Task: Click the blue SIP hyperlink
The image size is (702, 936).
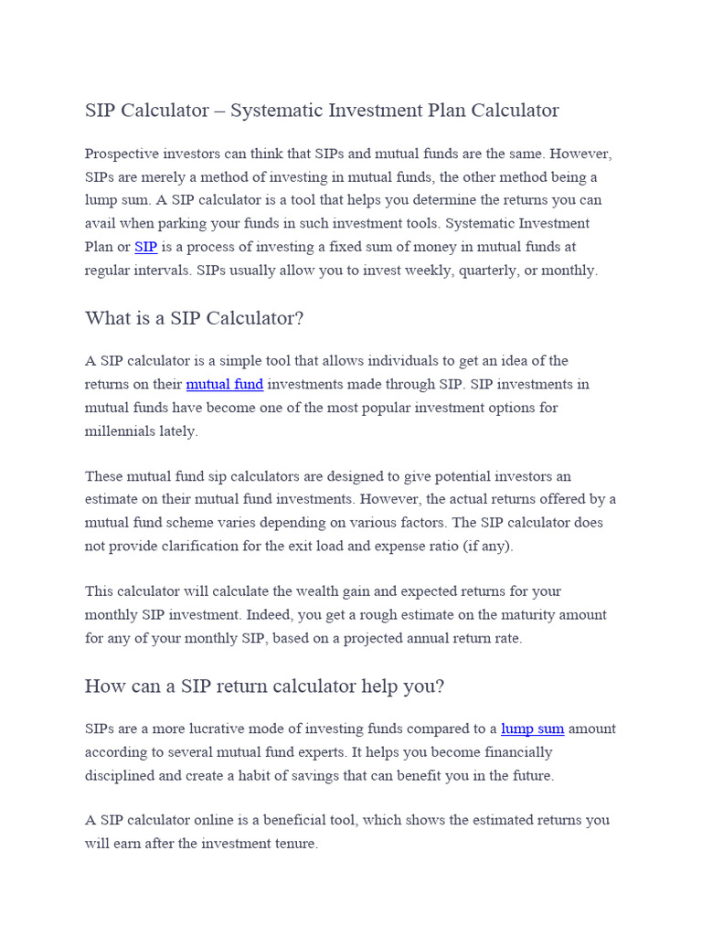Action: pyautogui.click(x=145, y=247)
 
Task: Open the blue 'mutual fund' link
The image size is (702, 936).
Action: pyautogui.click(x=224, y=384)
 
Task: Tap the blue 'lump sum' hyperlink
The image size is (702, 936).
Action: pyautogui.click(x=532, y=729)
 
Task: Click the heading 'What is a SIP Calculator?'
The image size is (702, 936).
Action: pyautogui.click(x=194, y=318)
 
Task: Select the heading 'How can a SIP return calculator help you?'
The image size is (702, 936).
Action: pyautogui.click(x=264, y=686)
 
